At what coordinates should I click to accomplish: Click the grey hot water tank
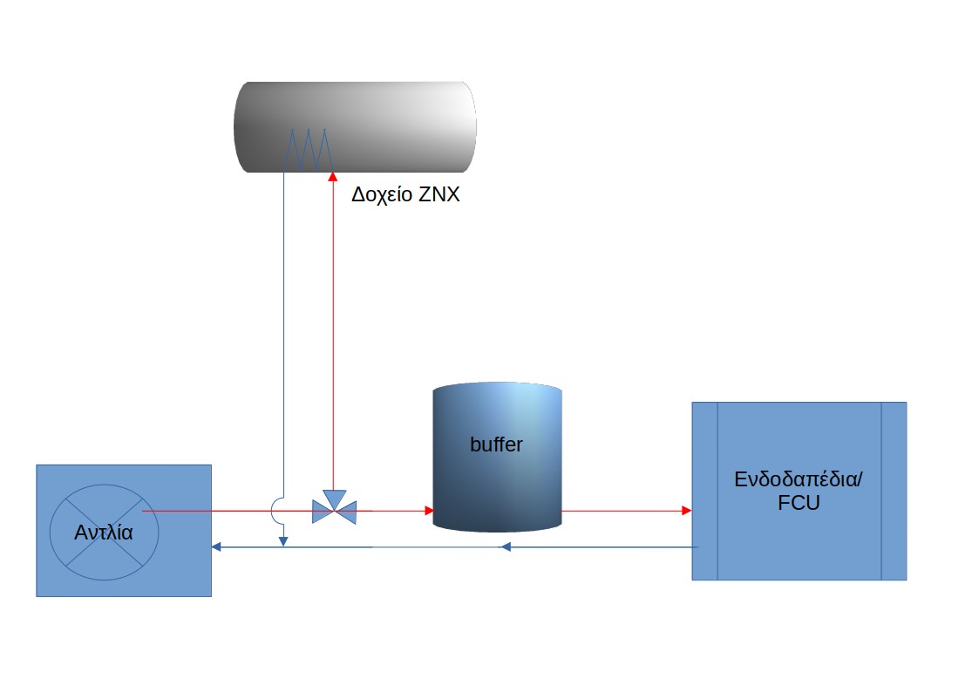tap(355, 126)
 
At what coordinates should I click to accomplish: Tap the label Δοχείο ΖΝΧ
tap(405, 194)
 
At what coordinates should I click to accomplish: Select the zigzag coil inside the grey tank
tap(308, 150)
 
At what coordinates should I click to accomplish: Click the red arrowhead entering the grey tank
tap(333, 177)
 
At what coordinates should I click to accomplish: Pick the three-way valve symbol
tap(335, 508)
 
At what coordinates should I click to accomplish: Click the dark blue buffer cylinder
tap(498, 457)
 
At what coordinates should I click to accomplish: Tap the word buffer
tap(496, 444)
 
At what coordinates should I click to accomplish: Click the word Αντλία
tap(104, 533)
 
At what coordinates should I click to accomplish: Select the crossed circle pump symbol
tap(105, 533)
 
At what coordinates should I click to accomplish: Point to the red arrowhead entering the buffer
tap(430, 511)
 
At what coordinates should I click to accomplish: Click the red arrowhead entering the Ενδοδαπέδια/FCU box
tap(687, 511)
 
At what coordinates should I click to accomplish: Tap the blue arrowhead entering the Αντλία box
tap(217, 547)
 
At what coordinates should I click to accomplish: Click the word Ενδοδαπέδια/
tap(799, 479)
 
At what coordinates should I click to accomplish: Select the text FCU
tap(799, 502)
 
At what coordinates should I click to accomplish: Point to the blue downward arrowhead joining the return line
tap(282, 541)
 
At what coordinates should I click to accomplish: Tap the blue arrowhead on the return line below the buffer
tap(506, 547)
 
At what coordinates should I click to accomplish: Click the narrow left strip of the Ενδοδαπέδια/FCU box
tap(705, 491)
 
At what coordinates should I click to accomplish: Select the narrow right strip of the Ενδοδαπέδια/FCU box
tap(894, 491)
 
